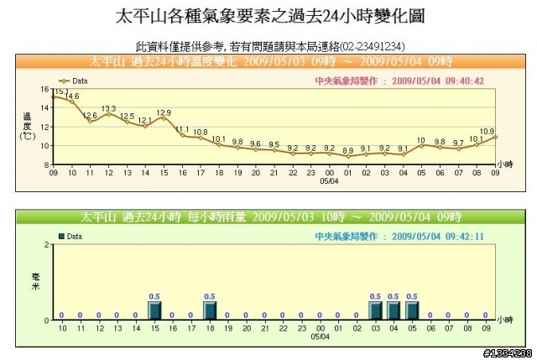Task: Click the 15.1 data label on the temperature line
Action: [61, 91]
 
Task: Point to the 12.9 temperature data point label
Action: [164, 112]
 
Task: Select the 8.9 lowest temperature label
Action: [347, 149]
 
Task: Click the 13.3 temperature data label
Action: [109, 108]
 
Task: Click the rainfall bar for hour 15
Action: [154, 310]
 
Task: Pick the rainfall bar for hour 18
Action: [210, 310]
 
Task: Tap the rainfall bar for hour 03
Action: [375, 310]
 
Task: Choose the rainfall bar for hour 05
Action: [412, 310]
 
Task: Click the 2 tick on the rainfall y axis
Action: [48, 244]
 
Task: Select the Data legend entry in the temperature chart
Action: [75, 81]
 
